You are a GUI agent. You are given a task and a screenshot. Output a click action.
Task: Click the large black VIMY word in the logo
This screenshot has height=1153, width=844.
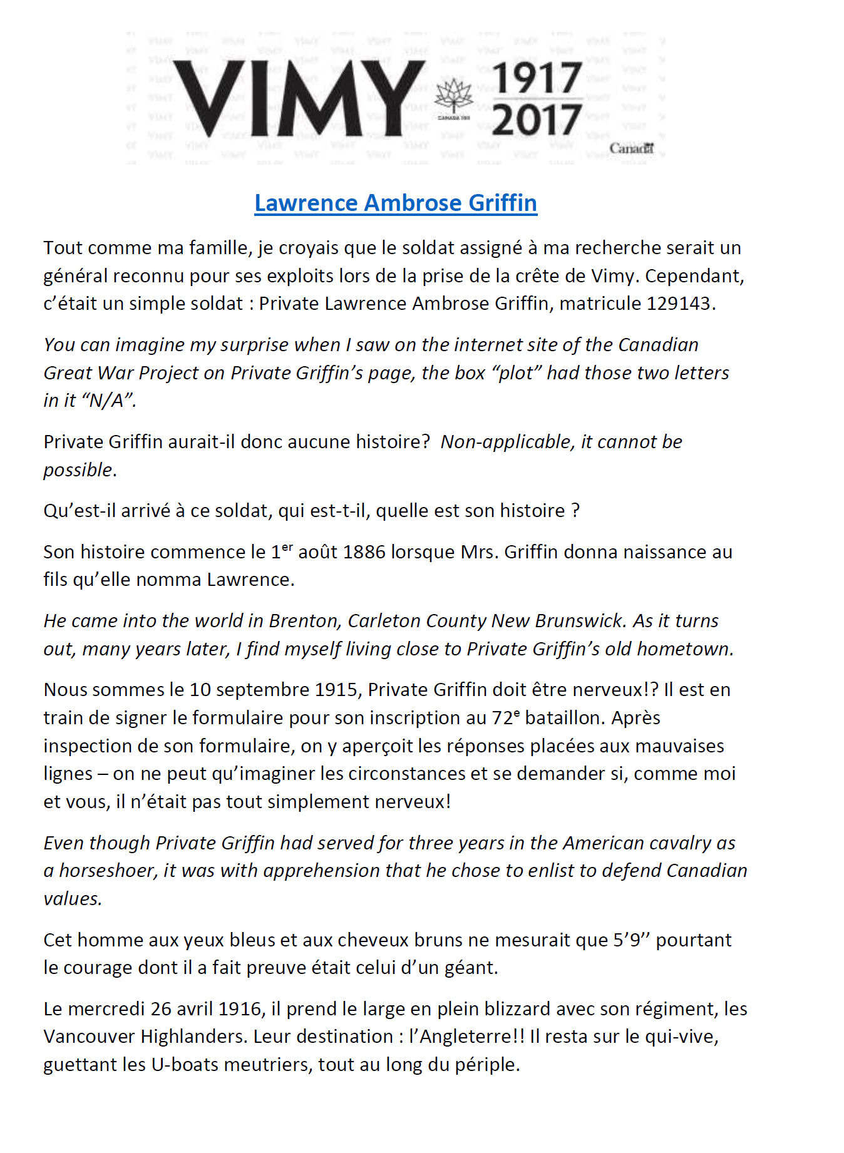click(x=298, y=99)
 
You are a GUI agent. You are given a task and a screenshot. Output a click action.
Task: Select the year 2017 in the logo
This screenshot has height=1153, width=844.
click(x=537, y=120)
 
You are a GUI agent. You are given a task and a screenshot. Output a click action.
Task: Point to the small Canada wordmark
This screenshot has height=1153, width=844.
click(x=631, y=148)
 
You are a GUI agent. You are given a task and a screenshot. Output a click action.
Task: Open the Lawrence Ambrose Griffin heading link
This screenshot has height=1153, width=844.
click(x=395, y=203)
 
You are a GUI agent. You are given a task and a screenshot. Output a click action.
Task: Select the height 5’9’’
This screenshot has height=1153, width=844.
click(x=630, y=940)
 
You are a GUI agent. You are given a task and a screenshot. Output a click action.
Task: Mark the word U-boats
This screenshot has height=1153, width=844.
click(x=180, y=1065)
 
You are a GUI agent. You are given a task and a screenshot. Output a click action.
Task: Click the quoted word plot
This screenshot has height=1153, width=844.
click(x=517, y=373)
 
